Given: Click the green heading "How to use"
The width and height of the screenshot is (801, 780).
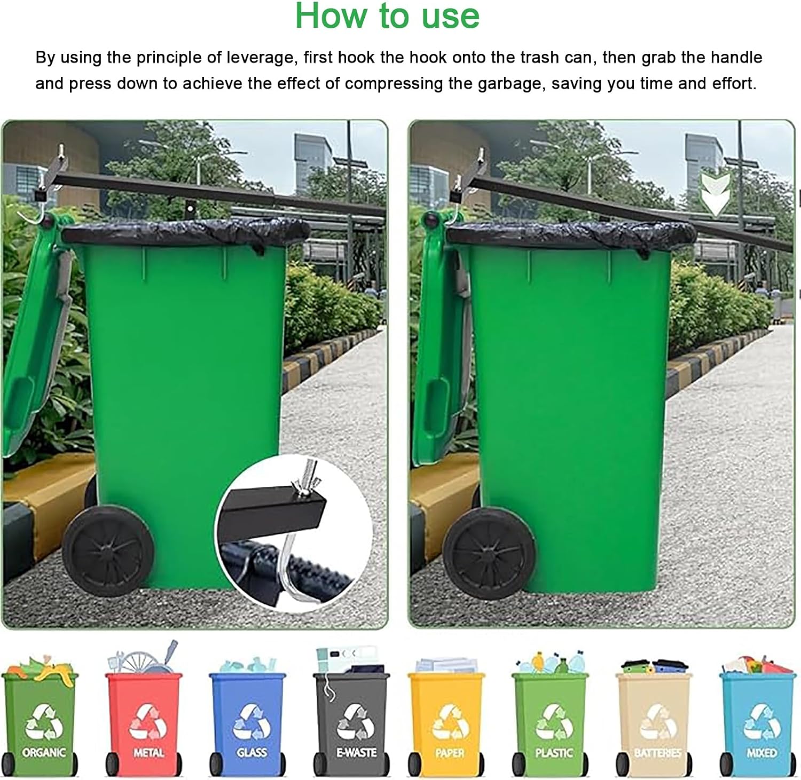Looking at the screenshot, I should coord(387,16).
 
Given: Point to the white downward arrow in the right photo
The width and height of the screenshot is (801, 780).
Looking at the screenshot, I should coord(714,195).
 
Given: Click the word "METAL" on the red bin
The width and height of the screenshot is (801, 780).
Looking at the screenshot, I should coord(148,753).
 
